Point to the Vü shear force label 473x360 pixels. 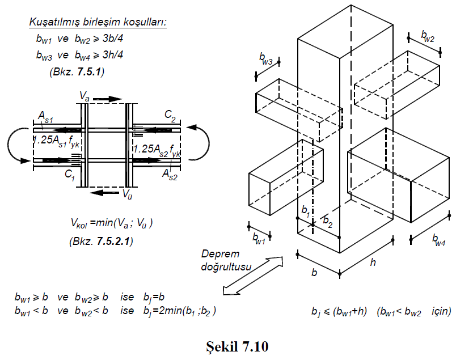(x=128, y=193)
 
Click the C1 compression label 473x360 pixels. (x=70, y=175)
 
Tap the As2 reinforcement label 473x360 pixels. (x=170, y=173)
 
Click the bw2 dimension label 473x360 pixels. (x=428, y=37)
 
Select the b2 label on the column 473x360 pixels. (x=328, y=221)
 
